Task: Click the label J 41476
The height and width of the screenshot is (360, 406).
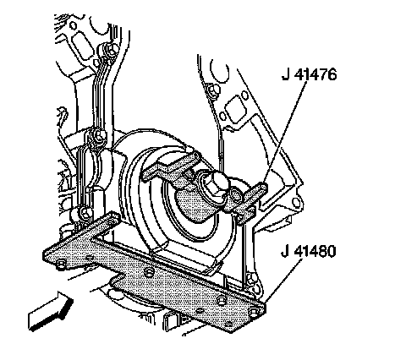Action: (309, 74)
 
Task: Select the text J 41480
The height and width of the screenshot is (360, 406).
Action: (309, 251)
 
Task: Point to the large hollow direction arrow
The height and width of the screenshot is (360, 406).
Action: (50, 311)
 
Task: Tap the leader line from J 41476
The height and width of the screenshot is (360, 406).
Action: (285, 132)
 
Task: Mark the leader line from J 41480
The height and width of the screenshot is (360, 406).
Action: (283, 281)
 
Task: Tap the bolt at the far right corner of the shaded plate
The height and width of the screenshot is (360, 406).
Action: (254, 311)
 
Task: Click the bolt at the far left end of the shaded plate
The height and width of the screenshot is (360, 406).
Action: (61, 264)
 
